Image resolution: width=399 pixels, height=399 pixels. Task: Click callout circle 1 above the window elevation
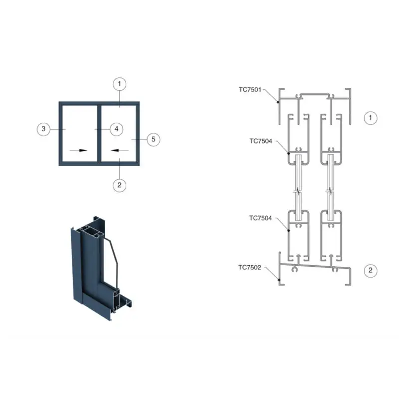pyautogui.click(x=119, y=84)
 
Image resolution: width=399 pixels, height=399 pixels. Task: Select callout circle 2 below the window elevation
pyautogui.click(x=119, y=185)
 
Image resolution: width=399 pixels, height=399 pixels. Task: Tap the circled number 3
pyautogui.click(x=44, y=129)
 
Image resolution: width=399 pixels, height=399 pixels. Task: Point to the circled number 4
pyautogui.click(x=117, y=129)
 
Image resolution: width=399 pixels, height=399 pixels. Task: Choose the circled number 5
pyautogui.click(x=154, y=140)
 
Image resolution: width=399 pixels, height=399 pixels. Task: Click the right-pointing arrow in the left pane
pyautogui.click(x=78, y=150)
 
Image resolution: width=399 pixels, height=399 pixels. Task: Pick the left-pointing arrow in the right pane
pyautogui.click(x=120, y=150)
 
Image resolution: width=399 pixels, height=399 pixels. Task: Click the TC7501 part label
pyautogui.click(x=250, y=90)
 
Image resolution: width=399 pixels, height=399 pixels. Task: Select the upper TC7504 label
pyautogui.click(x=261, y=141)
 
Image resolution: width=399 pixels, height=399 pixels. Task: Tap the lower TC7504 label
pyautogui.click(x=260, y=218)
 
